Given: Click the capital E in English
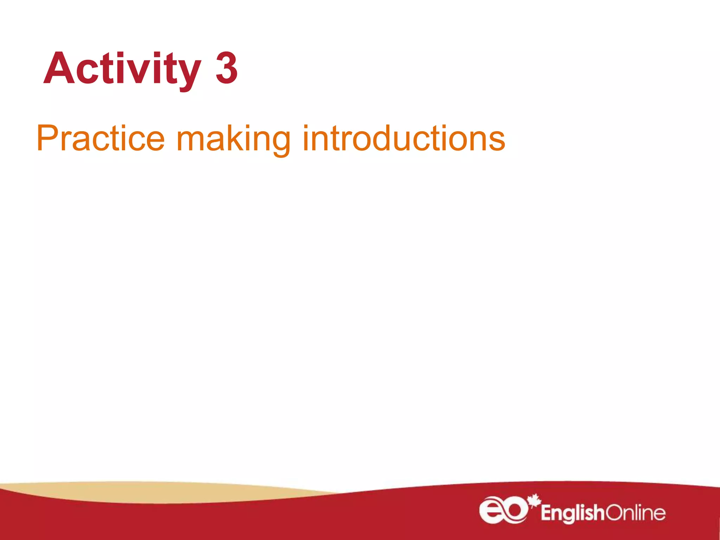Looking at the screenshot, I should click(546, 513).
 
